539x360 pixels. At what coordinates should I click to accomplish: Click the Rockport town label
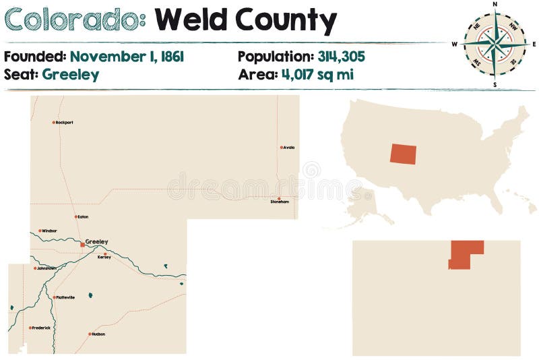point(65,122)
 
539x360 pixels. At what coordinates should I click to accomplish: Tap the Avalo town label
point(289,147)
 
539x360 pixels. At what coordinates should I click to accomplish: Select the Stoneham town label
point(280,202)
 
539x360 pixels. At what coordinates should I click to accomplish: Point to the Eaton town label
point(83,216)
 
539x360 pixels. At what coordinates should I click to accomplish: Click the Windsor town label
point(49,231)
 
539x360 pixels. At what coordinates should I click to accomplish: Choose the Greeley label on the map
point(96,241)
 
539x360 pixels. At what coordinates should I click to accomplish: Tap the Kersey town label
point(104,257)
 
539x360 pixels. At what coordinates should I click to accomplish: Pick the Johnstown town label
point(46,268)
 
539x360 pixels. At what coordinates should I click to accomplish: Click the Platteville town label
point(65,297)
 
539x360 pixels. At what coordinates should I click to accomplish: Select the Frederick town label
point(41,328)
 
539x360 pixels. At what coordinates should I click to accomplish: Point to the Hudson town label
point(98,334)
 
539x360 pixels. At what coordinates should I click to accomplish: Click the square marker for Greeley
point(82,245)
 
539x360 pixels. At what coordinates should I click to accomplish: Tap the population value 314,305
point(341,56)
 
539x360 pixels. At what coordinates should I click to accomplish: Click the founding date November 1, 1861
point(127,56)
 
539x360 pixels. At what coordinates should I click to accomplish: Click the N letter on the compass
point(495,4)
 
